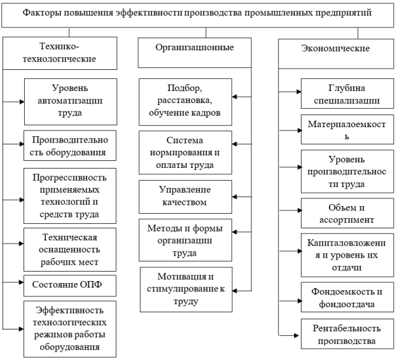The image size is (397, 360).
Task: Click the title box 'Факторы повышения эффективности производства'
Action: point(197,15)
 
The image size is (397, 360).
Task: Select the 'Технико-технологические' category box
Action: point(60,53)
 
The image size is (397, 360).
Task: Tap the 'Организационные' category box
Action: point(195,53)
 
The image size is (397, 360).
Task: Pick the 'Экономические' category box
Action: point(336,53)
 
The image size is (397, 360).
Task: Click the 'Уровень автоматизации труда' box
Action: point(71,102)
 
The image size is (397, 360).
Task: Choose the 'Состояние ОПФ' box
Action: point(70,286)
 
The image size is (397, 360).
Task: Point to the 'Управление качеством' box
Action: point(185,197)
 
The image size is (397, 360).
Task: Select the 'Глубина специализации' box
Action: point(347,93)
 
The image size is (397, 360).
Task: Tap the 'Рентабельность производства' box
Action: point(347,334)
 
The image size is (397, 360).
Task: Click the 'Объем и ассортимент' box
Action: point(347,213)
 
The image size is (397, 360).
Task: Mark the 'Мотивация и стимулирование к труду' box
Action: point(186,289)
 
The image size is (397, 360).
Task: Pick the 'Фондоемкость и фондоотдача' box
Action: point(347,297)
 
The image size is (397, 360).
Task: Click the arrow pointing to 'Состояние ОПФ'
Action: point(13,282)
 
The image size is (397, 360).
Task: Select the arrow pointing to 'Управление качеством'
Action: point(242,197)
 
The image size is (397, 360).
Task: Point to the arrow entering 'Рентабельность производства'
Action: point(289,335)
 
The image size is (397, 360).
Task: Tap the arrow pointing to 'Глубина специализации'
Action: point(290,92)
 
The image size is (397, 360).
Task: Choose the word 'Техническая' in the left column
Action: point(69,237)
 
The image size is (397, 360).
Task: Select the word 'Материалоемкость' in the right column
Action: point(347,130)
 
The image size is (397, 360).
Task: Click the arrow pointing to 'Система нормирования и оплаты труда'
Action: point(242,144)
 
